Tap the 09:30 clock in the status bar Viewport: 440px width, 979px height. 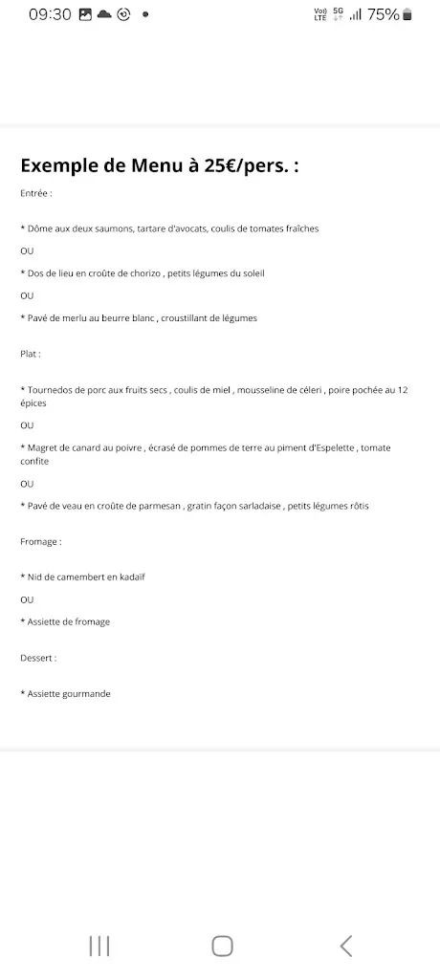pyautogui.click(x=50, y=14)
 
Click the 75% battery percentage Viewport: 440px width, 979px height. pyautogui.click(x=384, y=14)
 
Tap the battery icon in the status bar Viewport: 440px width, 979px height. pyautogui.click(x=408, y=14)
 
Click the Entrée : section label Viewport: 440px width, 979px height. pyautogui.click(x=36, y=192)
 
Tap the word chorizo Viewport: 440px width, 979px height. pyautogui.click(x=143, y=273)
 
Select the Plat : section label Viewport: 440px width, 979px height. pyautogui.click(x=31, y=354)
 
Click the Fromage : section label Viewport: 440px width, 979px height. pyautogui.click(x=40, y=541)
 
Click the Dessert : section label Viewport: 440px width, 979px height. pyautogui.click(x=38, y=658)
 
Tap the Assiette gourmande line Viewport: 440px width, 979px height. pyautogui.click(x=66, y=694)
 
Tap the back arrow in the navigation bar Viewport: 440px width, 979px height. pyautogui.click(x=346, y=946)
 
